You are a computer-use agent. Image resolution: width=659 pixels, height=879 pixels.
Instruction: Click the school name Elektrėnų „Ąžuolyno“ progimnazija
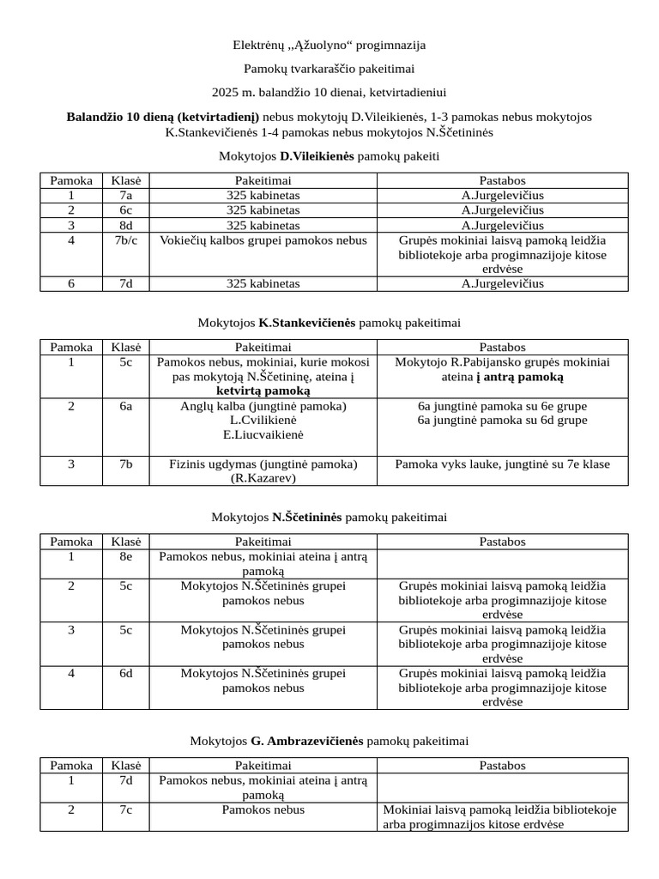(x=329, y=44)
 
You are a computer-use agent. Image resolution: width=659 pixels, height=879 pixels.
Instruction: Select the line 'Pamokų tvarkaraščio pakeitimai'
(x=329, y=68)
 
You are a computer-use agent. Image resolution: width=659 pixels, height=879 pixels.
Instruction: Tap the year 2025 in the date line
(x=226, y=91)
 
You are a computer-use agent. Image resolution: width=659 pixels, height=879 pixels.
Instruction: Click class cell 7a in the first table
(x=126, y=195)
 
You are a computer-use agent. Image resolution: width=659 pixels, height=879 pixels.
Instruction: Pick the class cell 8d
(x=126, y=225)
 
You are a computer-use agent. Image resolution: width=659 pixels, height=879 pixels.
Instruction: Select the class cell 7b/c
(x=126, y=240)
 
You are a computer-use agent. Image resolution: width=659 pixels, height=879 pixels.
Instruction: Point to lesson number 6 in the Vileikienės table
(x=71, y=283)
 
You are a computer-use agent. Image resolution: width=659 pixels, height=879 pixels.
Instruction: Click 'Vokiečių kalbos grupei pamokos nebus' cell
(x=263, y=240)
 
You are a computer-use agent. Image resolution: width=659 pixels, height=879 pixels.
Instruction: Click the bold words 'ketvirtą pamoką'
(x=263, y=391)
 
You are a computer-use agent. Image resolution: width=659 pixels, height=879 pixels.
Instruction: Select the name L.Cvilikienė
(x=263, y=420)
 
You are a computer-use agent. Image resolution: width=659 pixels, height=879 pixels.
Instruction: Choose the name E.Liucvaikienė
(x=263, y=434)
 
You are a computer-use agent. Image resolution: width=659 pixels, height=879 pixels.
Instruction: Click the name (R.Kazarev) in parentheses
(x=263, y=478)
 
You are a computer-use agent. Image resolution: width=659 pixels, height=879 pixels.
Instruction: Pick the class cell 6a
(x=126, y=405)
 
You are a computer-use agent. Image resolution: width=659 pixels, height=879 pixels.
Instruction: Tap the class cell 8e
(x=126, y=556)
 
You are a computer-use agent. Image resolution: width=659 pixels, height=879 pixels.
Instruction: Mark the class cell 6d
(x=126, y=673)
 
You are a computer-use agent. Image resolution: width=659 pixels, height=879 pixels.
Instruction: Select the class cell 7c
(x=126, y=809)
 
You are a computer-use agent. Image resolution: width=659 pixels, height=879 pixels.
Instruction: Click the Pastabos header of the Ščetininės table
(x=503, y=542)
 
